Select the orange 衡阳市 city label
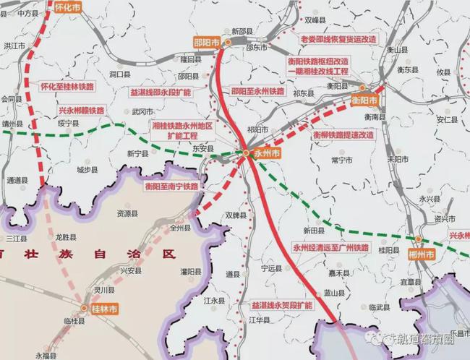click(x=365, y=99)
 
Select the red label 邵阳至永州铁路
click(x=258, y=93)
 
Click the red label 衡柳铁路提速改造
click(x=343, y=134)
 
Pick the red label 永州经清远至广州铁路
click(x=330, y=247)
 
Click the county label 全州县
click(x=180, y=227)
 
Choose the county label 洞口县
click(x=119, y=74)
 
